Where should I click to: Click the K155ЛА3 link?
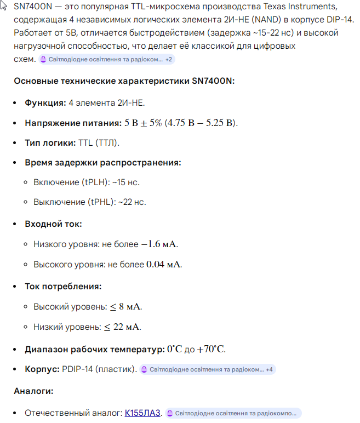(142, 413)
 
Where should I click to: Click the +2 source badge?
(169, 59)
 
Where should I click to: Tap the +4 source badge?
(269, 369)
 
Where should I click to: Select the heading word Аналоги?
(34, 391)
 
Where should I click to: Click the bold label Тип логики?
(50, 142)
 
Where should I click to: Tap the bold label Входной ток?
(53, 224)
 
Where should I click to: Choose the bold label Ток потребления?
(63, 286)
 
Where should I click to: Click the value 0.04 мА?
(163, 264)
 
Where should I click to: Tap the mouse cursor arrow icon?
(4, 5)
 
